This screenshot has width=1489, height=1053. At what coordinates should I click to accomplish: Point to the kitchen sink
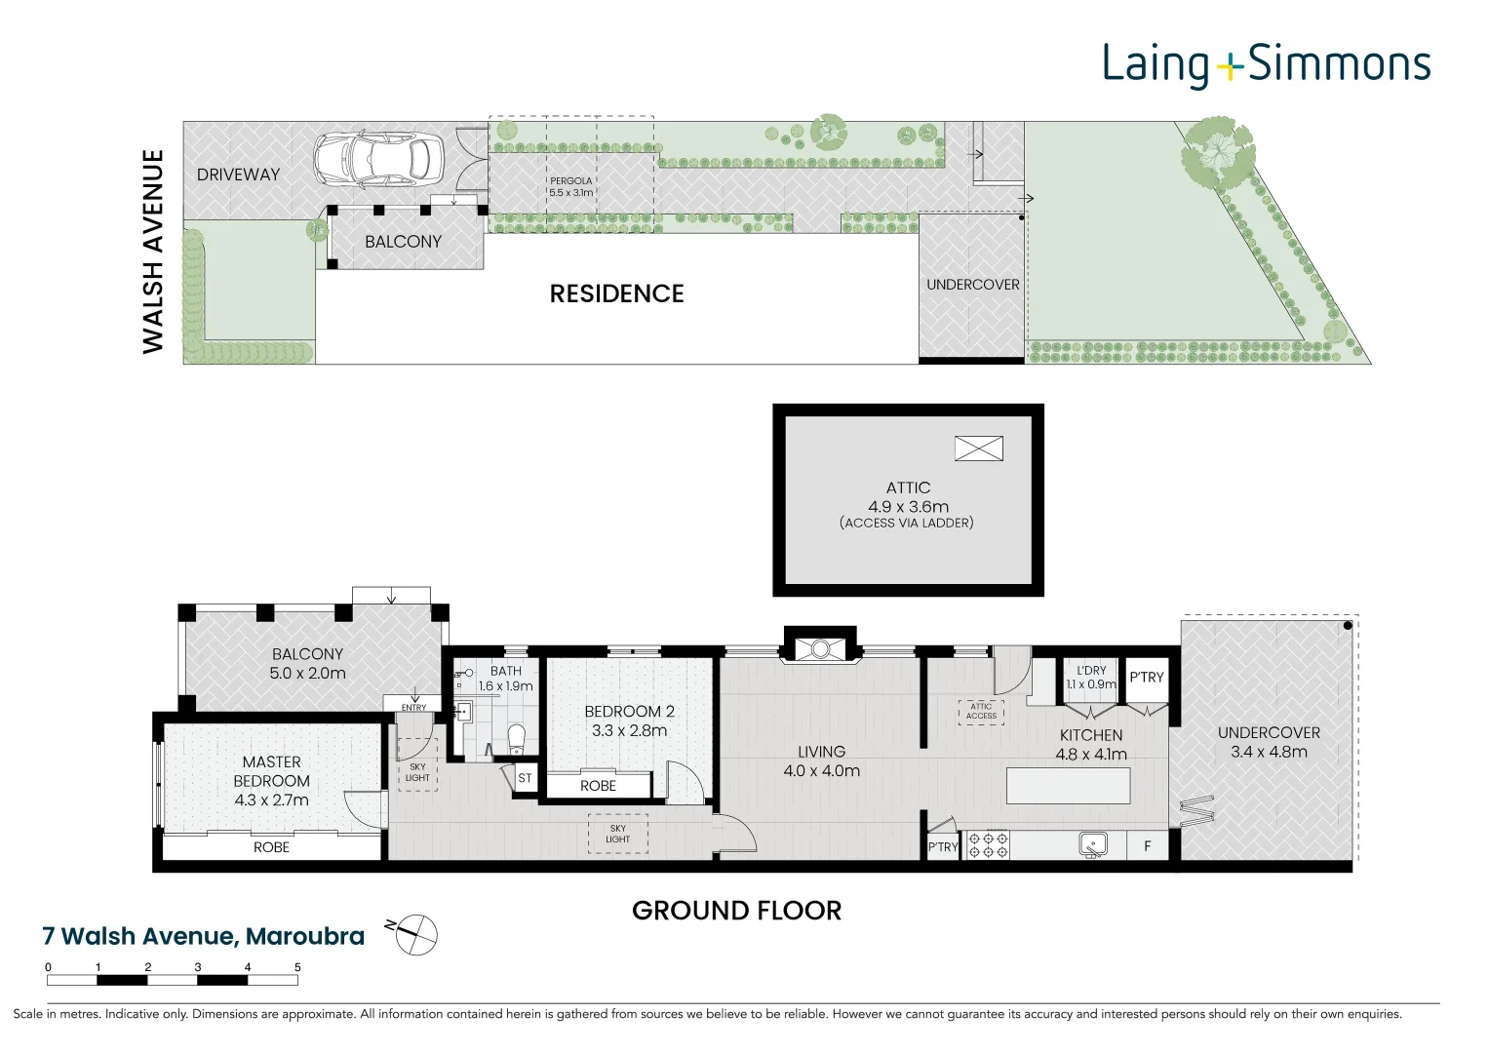(1093, 845)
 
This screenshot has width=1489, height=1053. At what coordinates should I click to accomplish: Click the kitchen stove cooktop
(988, 845)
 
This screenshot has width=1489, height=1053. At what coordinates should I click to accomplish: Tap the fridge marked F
(1148, 845)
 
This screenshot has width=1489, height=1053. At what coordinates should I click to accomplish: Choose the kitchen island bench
(1068, 786)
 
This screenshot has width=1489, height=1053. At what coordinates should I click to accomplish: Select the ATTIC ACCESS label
(981, 712)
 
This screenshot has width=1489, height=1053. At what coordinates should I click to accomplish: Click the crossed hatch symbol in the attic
(978, 448)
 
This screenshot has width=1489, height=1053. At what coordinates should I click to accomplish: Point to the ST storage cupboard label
(526, 778)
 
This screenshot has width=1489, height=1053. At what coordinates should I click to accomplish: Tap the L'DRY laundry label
(1091, 671)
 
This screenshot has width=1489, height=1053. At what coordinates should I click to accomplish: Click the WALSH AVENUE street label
(153, 252)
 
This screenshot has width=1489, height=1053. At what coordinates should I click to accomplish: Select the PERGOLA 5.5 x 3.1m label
(571, 187)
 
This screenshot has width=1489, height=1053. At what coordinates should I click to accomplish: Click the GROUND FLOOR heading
(736, 911)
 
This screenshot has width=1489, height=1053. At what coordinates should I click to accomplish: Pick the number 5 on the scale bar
(297, 967)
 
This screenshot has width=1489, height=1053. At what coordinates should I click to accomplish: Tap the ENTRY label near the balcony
(413, 707)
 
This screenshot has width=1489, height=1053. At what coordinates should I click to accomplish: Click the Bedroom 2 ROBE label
(599, 786)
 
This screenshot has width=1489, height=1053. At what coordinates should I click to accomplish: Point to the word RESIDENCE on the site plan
(617, 293)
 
